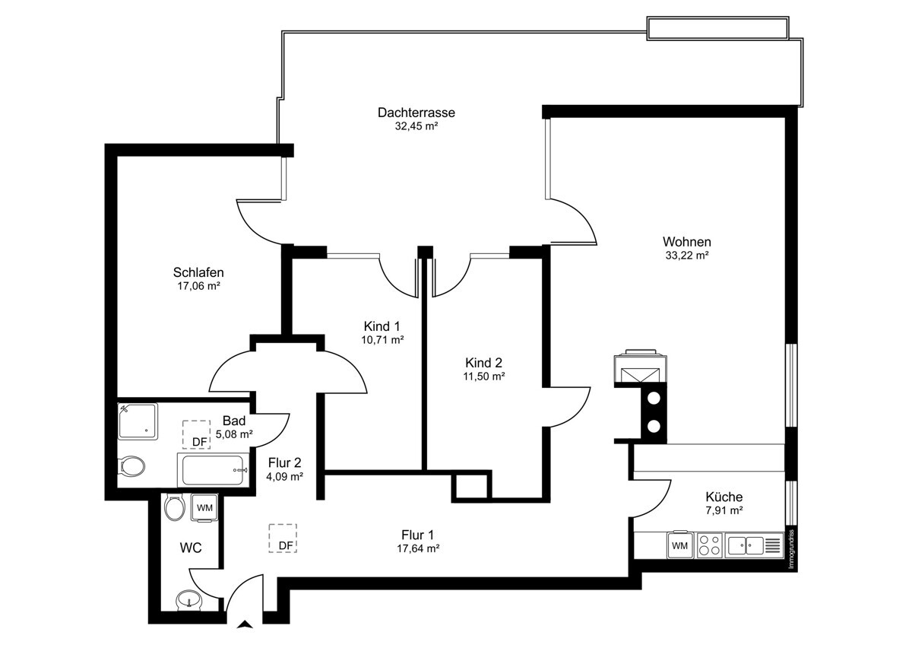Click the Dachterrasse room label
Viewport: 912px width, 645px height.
click(x=416, y=113)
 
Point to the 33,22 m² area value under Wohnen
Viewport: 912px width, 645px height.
click(x=686, y=256)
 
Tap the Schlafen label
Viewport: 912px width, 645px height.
click(x=198, y=272)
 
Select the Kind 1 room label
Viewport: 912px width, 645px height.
click(x=382, y=326)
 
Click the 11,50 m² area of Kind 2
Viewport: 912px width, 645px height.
click(x=484, y=377)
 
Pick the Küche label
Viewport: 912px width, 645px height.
click(x=724, y=497)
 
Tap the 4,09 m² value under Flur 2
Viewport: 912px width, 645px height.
click(x=285, y=477)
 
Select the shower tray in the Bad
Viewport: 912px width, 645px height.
click(x=138, y=421)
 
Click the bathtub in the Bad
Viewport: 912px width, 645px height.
click(x=214, y=470)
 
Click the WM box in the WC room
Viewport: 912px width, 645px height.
click(x=204, y=507)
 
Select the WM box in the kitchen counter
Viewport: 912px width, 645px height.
click(x=679, y=545)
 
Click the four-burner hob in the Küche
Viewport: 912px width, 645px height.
click(x=709, y=545)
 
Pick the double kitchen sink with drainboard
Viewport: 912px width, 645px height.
click(x=754, y=545)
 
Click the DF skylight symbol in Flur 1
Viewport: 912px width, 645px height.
click(x=283, y=539)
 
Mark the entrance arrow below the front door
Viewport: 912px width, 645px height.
click(x=245, y=626)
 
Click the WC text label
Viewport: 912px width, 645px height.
click(x=190, y=548)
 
